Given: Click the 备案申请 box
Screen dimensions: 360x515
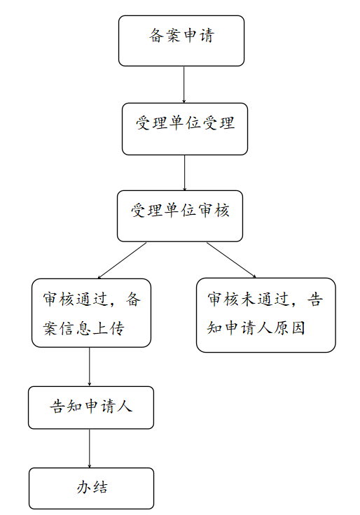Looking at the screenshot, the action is pyautogui.click(x=181, y=41).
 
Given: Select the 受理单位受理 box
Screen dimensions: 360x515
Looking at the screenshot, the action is pyautogui.click(x=184, y=129).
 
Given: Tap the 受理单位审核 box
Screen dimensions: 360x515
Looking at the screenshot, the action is pyautogui.click(x=180, y=216).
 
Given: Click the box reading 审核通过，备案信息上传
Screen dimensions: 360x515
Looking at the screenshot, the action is pyautogui.click(x=91, y=313).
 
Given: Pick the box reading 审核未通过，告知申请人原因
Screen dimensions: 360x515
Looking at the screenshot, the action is pyautogui.click(x=265, y=315).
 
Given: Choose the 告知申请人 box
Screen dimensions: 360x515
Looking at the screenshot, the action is pyautogui.click(x=91, y=408).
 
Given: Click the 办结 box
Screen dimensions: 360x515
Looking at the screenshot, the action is pyautogui.click(x=91, y=488).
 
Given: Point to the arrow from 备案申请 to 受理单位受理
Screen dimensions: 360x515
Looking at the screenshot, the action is pyautogui.click(x=184, y=85).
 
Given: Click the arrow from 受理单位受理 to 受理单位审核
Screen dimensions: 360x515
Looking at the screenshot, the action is pyautogui.click(x=184, y=173).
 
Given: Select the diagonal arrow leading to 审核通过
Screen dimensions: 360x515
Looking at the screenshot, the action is pyautogui.click(x=122, y=260).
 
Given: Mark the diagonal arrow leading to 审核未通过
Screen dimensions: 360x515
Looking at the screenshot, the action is pyautogui.click(x=231, y=260).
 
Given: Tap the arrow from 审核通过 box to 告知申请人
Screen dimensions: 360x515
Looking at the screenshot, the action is pyautogui.click(x=90, y=367).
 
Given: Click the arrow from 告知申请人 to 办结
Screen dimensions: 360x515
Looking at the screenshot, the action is pyautogui.click(x=90, y=449).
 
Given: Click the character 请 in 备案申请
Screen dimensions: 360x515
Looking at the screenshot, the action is pyautogui.click(x=207, y=36).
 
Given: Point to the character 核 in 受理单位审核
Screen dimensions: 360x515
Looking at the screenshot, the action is pyautogui.click(x=221, y=210).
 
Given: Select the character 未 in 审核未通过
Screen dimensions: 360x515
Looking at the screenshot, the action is pyautogui.click(x=249, y=299).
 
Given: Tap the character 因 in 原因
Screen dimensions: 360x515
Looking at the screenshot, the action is pyautogui.click(x=298, y=327).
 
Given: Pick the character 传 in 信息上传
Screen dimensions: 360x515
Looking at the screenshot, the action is pyautogui.click(x=117, y=328).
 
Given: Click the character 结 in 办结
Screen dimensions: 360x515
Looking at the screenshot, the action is pyautogui.click(x=100, y=487).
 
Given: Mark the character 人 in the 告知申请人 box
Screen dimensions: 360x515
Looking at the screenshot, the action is pyautogui.click(x=125, y=407).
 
